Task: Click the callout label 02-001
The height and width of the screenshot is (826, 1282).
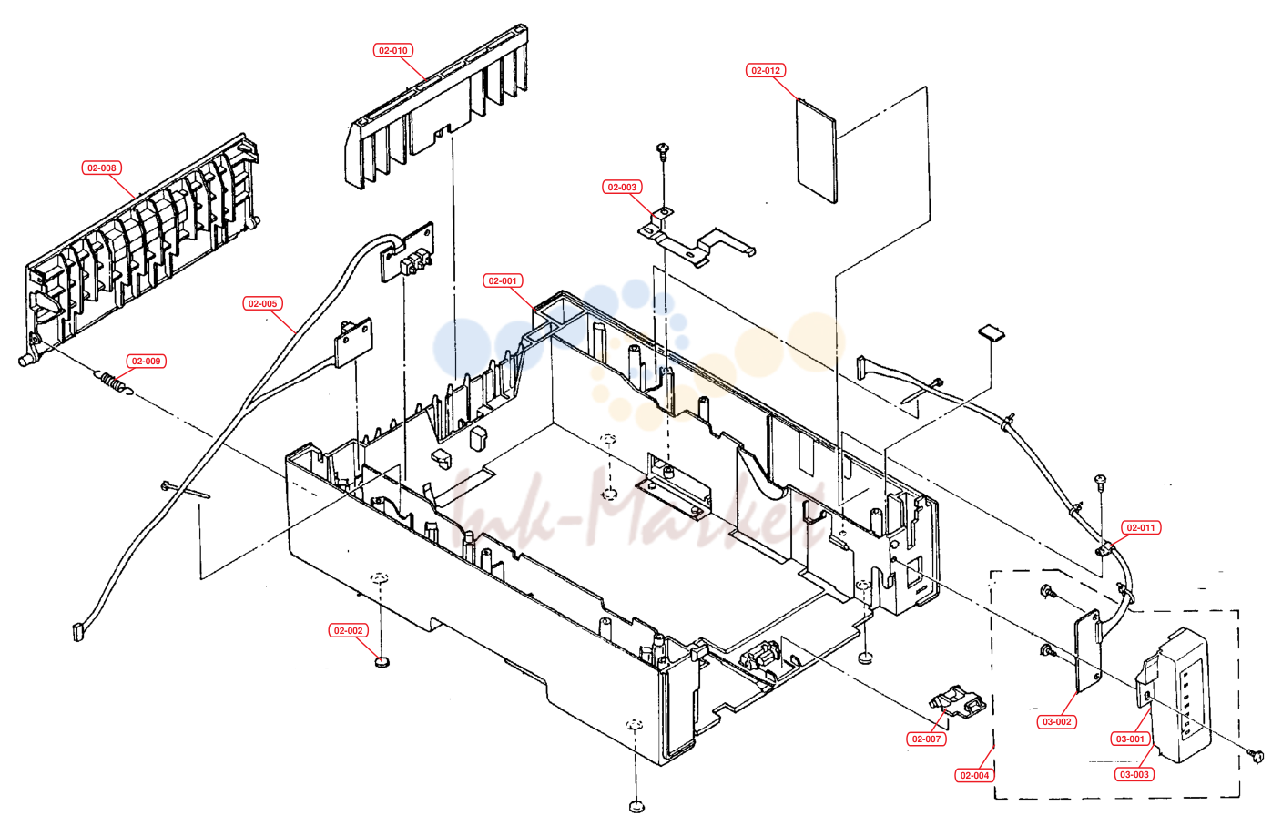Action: tap(502, 281)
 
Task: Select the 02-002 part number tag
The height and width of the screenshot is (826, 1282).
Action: tap(348, 631)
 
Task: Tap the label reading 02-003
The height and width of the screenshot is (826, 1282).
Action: tap(622, 188)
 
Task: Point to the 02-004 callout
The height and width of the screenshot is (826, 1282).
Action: tap(974, 776)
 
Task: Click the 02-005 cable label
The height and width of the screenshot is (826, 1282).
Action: tap(263, 303)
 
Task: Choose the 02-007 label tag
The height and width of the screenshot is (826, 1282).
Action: tap(926, 739)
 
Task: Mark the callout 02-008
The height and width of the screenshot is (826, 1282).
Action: tap(101, 168)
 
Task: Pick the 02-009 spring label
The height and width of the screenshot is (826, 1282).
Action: tap(146, 362)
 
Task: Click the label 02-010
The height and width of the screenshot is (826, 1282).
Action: tap(393, 50)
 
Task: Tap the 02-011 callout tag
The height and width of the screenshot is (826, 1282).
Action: tap(1141, 528)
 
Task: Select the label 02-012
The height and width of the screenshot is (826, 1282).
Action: tap(765, 70)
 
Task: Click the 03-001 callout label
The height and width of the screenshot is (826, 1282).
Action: tap(1130, 739)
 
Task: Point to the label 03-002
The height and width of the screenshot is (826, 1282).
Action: tap(1056, 722)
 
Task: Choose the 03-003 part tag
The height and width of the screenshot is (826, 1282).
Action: tap(1134, 774)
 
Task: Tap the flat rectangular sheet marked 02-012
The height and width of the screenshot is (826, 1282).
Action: tap(817, 151)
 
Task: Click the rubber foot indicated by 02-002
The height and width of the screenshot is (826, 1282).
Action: tap(382, 662)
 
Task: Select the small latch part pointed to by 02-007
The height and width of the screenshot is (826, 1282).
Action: tap(958, 702)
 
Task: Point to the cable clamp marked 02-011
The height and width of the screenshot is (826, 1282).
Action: tap(1104, 550)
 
